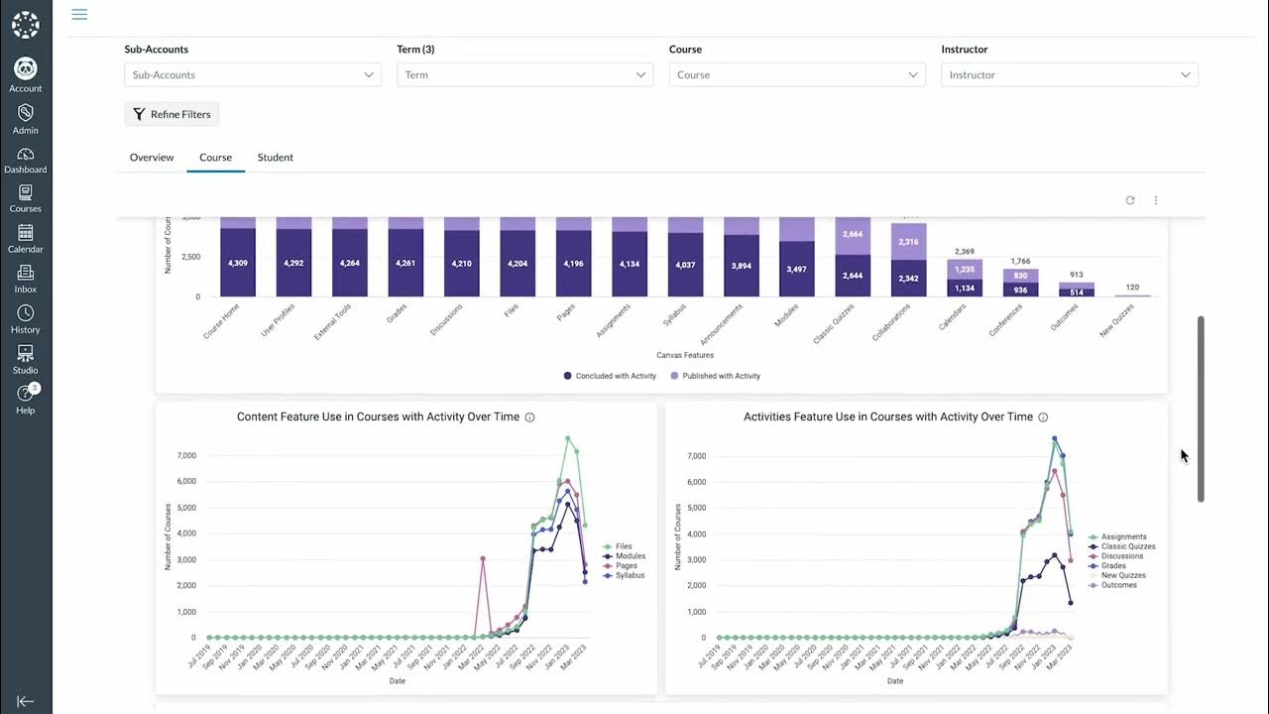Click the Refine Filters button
pyautogui.click(x=172, y=114)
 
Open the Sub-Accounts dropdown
pyautogui.click(x=253, y=74)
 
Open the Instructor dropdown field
pyautogui.click(x=1069, y=74)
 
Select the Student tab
pyautogui.click(x=275, y=158)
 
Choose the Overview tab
pyautogui.click(x=152, y=158)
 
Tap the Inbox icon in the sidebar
pyautogui.click(x=26, y=279)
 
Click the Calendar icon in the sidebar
pyautogui.click(x=26, y=238)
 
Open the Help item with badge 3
pyautogui.click(x=26, y=397)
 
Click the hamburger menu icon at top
pyautogui.click(x=79, y=14)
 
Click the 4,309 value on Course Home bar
pyautogui.click(x=237, y=264)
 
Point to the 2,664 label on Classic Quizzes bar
pyautogui.click(x=852, y=234)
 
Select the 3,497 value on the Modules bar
pyautogui.click(x=796, y=270)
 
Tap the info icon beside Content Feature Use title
pyautogui.click(x=529, y=417)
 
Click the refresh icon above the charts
pyautogui.click(x=1129, y=200)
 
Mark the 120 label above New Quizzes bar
pyautogui.click(x=1132, y=288)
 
